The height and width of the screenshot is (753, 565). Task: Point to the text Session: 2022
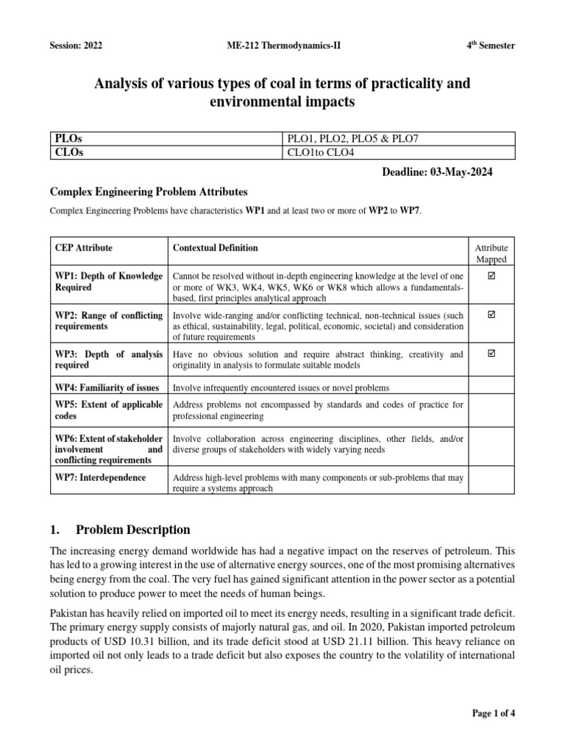[76, 46]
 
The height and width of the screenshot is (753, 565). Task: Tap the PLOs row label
[68, 139]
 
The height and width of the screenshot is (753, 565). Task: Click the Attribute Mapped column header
[491, 254]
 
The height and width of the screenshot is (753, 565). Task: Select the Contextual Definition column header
[215, 249]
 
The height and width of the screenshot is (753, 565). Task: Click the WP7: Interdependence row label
[99, 478]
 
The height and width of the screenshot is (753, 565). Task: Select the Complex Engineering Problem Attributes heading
[149, 192]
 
